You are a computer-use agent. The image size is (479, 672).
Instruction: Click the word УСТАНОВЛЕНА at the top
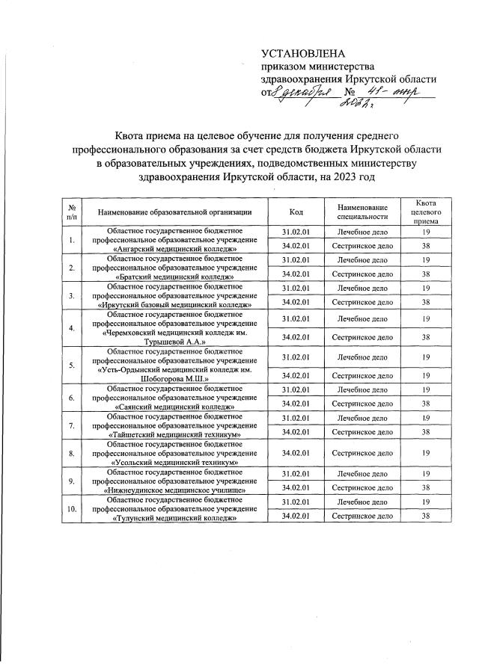coord(303,53)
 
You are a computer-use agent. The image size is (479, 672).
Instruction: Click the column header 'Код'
coord(296,212)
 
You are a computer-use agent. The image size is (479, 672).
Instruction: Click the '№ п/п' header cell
coord(71,212)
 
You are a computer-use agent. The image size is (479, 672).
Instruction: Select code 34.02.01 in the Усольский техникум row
coord(296,453)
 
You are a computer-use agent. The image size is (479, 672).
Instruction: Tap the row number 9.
coord(71,481)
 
